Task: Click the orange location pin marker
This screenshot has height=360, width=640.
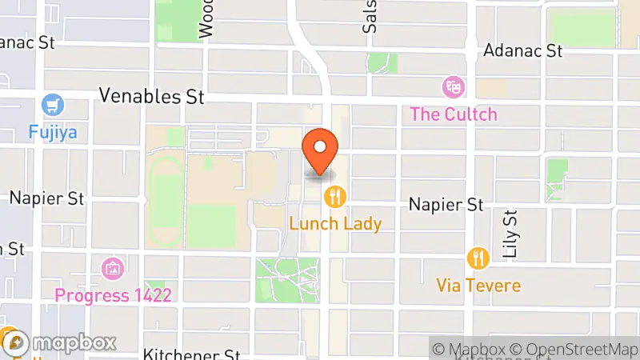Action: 321,151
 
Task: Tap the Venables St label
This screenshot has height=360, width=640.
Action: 151,97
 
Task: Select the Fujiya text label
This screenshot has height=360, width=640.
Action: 53,132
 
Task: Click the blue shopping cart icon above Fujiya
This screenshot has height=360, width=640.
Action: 54,105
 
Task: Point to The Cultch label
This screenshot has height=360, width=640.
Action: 454,114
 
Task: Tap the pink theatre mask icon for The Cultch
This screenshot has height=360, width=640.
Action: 454,86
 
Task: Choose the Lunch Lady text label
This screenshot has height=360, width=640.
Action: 335,224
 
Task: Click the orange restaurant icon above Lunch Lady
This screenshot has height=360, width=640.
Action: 335,196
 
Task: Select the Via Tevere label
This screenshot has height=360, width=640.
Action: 478,286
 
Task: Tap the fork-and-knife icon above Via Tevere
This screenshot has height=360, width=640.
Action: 478,258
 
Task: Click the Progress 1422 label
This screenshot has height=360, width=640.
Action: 113,295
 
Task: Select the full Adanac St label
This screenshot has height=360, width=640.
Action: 523,51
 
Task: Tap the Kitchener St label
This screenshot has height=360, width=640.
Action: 191,354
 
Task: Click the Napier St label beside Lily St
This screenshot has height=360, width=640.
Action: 446,205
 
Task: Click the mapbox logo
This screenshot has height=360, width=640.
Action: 59,343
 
